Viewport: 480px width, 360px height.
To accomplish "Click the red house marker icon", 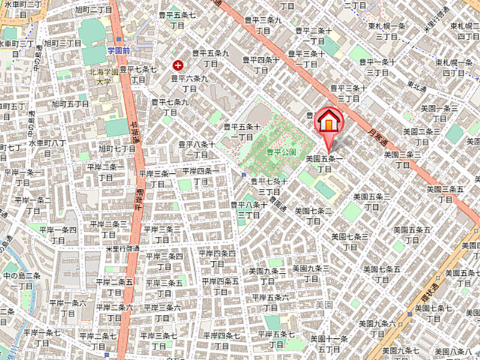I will (328, 121).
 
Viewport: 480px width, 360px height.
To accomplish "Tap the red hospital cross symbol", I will (178, 65).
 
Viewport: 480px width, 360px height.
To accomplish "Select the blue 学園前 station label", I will (118, 50).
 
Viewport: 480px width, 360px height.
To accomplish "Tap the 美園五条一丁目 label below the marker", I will (324, 163).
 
